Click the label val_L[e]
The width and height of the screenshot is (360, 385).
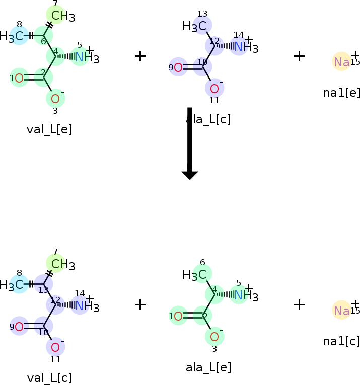pyautogui.click(x=49, y=129)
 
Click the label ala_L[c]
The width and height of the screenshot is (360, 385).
pyautogui.click(x=208, y=119)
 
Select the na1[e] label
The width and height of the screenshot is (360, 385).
pyautogui.click(x=341, y=93)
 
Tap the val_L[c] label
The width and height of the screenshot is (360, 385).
pyautogui.click(x=49, y=377)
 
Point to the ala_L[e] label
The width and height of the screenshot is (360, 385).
pyautogui.click(x=208, y=367)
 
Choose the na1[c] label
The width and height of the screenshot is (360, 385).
pyautogui.click(x=341, y=341)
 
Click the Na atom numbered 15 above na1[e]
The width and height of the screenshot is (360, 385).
pyautogui.click(x=341, y=61)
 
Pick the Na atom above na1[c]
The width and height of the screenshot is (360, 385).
pyautogui.click(x=341, y=310)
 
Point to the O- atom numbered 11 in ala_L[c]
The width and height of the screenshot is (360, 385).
pyautogui.click(x=214, y=88)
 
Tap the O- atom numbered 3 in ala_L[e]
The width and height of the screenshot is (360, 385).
pyautogui.click(x=214, y=336)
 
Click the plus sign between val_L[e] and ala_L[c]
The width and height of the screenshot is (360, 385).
pyautogui.click(x=140, y=56)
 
